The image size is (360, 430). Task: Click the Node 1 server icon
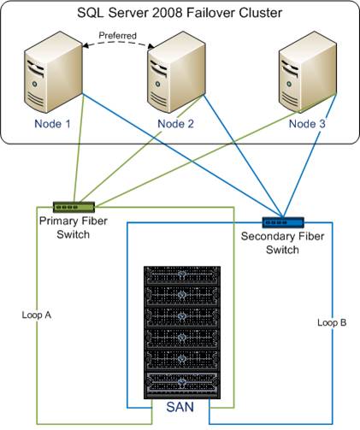point(53,72)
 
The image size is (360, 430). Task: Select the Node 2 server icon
point(176,72)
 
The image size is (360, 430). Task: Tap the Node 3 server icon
point(308,72)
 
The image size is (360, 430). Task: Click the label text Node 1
point(52,124)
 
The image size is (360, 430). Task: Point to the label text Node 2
point(175,124)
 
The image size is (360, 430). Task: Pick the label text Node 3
point(307,124)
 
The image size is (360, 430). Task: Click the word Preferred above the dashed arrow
point(117,36)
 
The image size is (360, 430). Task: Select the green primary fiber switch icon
point(74,207)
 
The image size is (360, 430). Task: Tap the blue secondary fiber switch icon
point(283,222)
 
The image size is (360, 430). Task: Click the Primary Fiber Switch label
point(74,227)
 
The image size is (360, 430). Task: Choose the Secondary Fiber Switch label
point(282,243)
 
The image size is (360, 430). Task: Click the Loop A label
point(37,315)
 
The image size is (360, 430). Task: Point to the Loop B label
point(332,322)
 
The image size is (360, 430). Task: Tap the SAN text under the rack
point(180,407)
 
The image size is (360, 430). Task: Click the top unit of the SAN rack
point(182,275)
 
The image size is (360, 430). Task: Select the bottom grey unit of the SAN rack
point(182,385)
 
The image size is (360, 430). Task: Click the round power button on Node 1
point(35,84)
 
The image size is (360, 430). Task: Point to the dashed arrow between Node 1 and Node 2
point(117,42)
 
